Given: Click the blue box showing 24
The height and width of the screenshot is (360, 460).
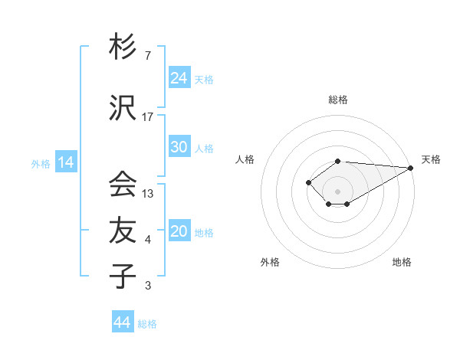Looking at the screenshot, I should (x=179, y=77).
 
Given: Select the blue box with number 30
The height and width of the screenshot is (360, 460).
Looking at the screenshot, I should (x=179, y=147).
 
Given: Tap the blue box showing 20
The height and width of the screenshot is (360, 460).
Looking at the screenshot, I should (x=179, y=231).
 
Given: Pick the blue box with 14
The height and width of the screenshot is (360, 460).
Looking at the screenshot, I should (x=66, y=162).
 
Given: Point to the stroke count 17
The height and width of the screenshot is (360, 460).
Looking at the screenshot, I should (x=148, y=117).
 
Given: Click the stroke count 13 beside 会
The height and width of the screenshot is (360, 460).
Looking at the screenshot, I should (x=148, y=194).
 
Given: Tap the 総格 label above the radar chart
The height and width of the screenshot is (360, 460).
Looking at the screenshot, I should (x=337, y=100).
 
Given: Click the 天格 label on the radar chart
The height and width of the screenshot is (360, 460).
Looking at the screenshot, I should (x=431, y=159).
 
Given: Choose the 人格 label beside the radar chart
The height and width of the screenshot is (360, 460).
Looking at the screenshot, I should (x=245, y=159).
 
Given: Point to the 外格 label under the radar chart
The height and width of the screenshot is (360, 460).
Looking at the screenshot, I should (x=270, y=262).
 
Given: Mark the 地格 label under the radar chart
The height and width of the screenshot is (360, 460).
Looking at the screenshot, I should (x=402, y=262).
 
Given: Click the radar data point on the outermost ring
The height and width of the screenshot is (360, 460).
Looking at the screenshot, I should (x=410, y=168).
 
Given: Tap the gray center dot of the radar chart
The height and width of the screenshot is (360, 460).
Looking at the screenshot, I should (x=337, y=191).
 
